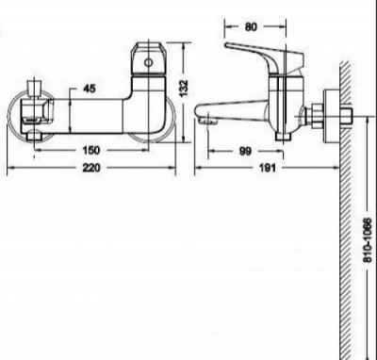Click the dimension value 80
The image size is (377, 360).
pos(251,27)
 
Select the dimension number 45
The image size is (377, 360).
pos(90,89)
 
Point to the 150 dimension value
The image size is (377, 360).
pos(91,151)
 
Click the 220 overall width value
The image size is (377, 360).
pos(91,168)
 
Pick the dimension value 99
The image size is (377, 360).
pos(245,152)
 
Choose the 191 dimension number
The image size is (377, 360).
pos(268,168)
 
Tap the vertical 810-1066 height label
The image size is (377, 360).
pos(368,240)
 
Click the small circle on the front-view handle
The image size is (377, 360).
pos(148,62)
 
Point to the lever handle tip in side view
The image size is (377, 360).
pos(226,45)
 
